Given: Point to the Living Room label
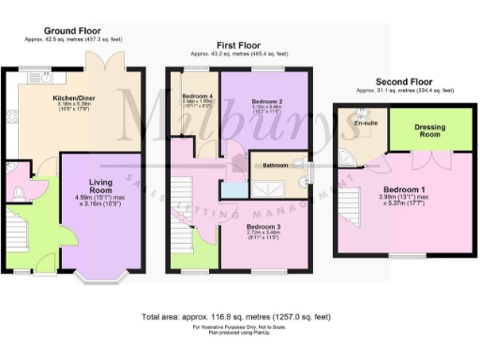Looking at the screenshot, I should pyautogui.click(x=100, y=186).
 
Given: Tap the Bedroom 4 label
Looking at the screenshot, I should pyautogui.click(x=198, y=97).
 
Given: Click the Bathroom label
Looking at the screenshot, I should pyautogui.click(x=277, y=165).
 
